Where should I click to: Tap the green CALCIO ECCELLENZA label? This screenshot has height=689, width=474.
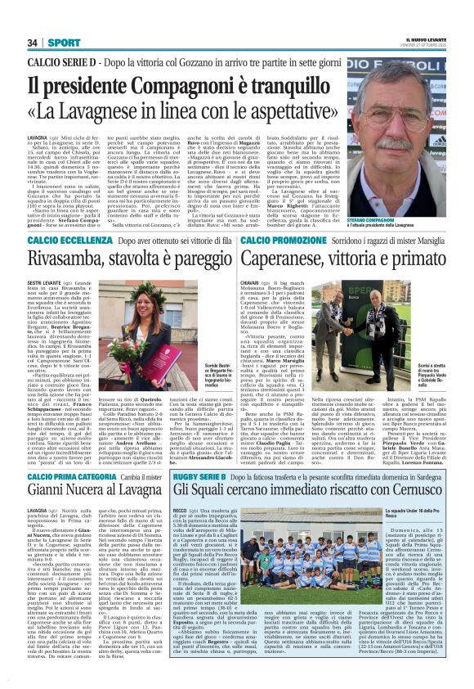(68, 241)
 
